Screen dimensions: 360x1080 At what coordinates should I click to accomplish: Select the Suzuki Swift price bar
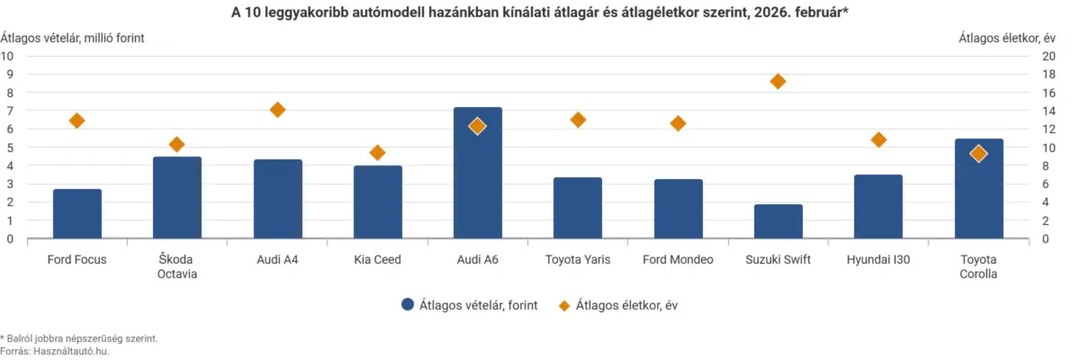[778, 222]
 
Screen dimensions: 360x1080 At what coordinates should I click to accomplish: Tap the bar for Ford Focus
[77, 214]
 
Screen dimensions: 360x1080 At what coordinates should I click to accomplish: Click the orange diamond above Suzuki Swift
[778, 82]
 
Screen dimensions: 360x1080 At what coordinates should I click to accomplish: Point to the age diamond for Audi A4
[277, 110]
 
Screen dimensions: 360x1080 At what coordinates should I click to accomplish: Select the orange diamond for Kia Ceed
[378, 153]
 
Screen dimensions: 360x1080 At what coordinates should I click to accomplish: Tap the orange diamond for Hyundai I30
[879, 139]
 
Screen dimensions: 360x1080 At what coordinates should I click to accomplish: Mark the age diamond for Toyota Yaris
[578, 120]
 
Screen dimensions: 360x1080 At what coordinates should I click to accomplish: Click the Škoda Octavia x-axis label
[177, 267]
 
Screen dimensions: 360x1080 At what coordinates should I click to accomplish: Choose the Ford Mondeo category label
[678, 260]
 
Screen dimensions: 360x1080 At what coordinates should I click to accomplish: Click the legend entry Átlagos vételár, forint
[469, 305]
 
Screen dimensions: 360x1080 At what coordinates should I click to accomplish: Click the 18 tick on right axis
[1048, 74]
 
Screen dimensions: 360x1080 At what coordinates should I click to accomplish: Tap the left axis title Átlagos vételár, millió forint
[72, 38]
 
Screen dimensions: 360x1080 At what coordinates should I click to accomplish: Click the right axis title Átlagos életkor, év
[1006, 38]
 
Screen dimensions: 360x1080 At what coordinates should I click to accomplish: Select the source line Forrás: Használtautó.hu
[55, 352]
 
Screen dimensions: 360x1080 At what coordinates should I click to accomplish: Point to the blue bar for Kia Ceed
[378, 202]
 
